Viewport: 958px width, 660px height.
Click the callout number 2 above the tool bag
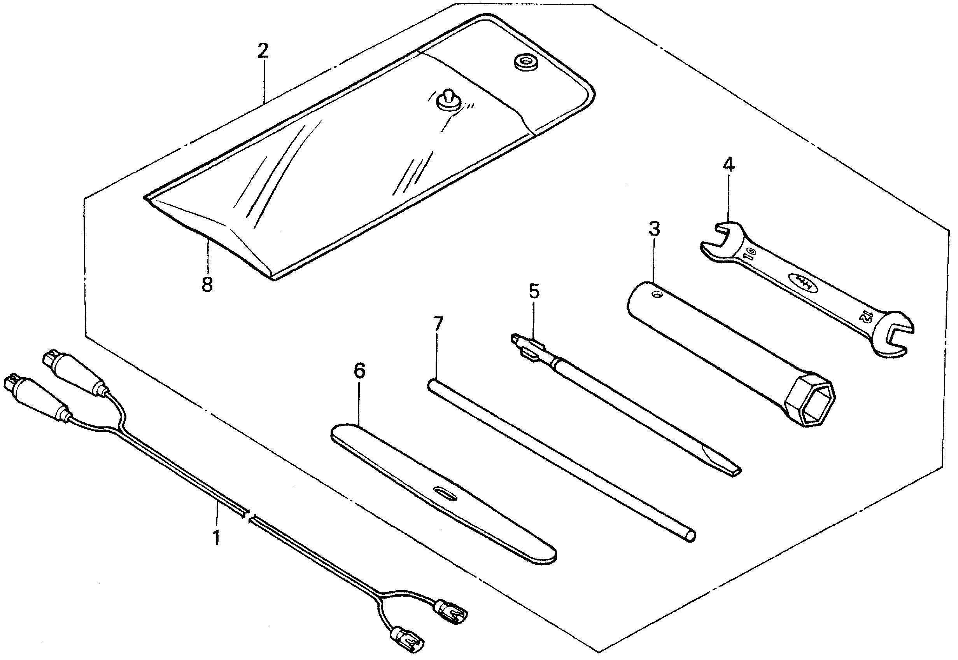click(x=263, y=51)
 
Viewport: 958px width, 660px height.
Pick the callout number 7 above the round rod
click(x=438, y=324)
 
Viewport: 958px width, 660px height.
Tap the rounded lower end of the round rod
click(x=691, y=537)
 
